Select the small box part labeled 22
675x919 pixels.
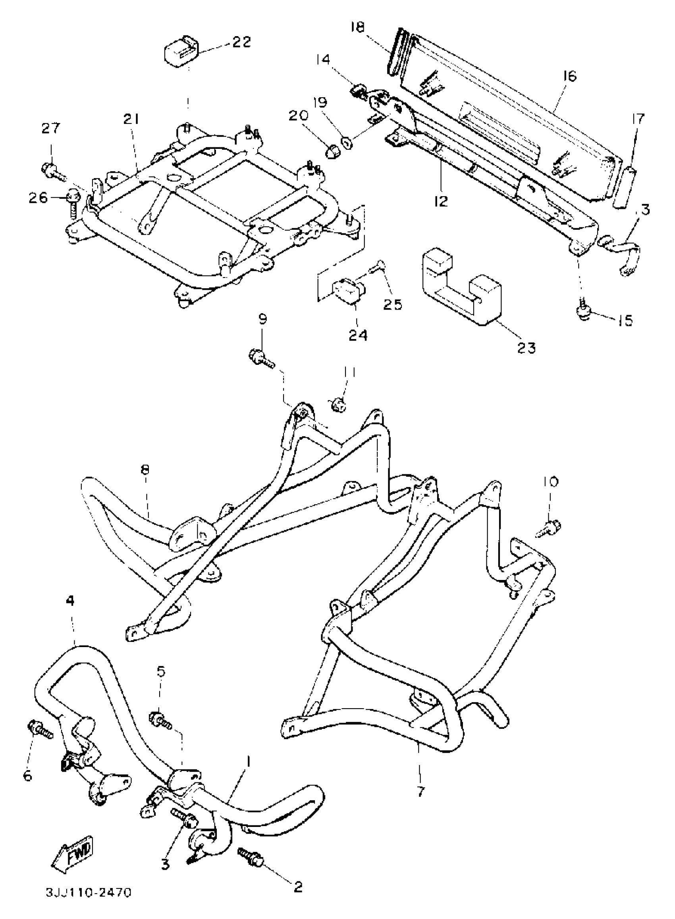(x=181, y=50)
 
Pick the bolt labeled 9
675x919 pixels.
(x=260, y=358)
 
